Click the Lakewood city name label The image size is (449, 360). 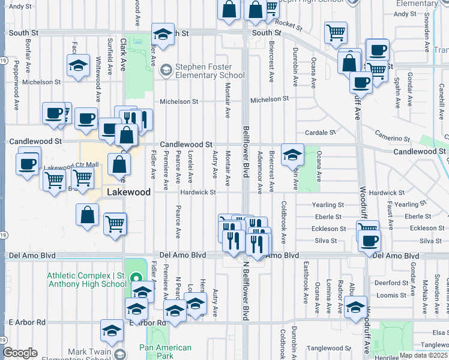click(x=127, y=192)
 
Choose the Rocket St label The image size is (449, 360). click(x=289, y=24)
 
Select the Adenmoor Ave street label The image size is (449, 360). click(x=260, y=172)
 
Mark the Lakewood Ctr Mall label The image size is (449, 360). click(x=71, y=166)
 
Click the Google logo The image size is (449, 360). click(x=20, y=353)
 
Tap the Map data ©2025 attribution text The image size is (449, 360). click(x=423, y=355)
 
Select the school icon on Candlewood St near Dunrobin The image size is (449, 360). click(x=292, y=155)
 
